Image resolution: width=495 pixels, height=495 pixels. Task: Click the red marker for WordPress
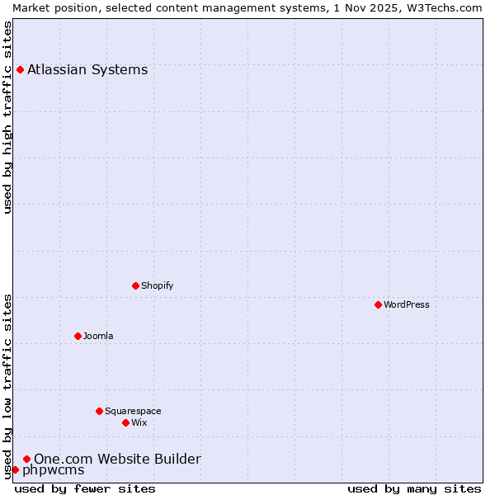378,304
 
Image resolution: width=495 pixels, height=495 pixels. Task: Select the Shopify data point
135,285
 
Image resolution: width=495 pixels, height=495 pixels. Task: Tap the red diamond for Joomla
78,336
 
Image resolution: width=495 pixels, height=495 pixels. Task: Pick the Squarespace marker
99,411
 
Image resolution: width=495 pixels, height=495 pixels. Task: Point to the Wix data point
125,422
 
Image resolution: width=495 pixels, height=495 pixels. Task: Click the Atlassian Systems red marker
20,69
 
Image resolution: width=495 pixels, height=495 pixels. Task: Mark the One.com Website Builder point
26,459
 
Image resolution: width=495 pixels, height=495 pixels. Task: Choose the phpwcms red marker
15,469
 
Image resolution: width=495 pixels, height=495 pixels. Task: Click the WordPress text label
407,304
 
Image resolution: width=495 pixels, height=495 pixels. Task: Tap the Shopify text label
157,285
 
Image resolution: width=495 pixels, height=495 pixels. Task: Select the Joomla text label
98,336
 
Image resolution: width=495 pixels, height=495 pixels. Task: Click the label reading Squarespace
133,411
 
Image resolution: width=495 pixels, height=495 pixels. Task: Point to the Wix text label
139,422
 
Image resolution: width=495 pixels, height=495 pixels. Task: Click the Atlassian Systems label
87,69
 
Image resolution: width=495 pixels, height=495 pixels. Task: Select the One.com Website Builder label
117,459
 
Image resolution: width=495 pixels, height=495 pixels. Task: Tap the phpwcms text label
53,470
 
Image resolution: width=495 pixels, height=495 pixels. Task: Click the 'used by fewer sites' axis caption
85,488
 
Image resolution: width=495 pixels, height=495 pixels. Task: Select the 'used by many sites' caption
414,488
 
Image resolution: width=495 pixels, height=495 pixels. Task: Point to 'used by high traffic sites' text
8,118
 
